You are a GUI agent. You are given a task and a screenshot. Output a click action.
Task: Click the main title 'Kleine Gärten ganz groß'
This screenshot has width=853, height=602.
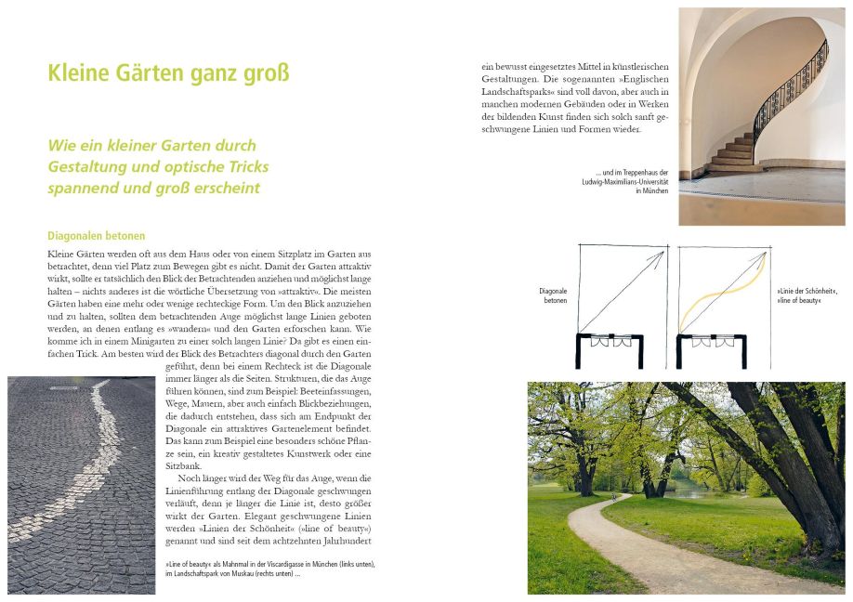pos(168,72)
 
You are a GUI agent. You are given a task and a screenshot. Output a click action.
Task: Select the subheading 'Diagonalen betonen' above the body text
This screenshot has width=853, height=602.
pos(96,236)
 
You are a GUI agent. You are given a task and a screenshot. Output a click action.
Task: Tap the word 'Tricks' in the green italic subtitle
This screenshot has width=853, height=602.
pos(246,167)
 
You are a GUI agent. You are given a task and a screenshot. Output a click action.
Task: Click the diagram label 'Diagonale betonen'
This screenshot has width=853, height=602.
pos(553,296)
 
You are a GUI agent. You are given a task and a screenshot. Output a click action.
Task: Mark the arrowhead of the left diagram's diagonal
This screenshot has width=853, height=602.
pos(661,255)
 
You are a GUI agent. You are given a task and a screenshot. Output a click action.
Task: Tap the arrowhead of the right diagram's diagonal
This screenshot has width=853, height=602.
pos(764,255)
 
